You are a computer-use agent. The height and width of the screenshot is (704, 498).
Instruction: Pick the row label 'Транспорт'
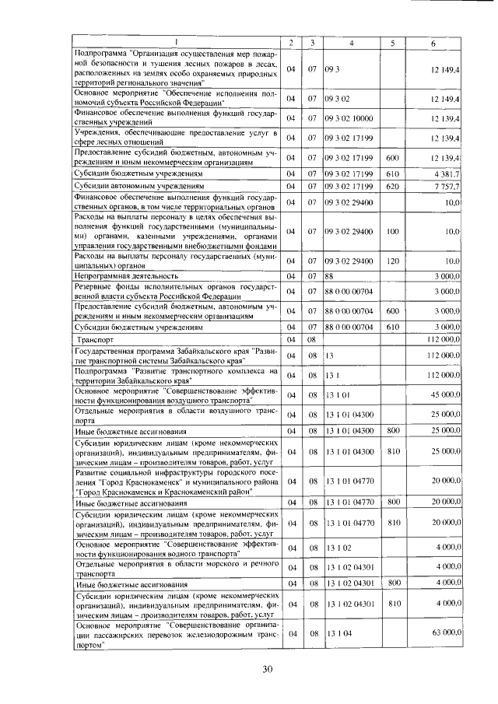96,341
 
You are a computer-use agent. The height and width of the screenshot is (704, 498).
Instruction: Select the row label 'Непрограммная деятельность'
124,276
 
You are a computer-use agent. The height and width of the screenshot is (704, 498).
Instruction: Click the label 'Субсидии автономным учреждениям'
138,187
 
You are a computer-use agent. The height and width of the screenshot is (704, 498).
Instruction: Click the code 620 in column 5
392,187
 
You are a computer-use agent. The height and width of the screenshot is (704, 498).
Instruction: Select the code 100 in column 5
392,232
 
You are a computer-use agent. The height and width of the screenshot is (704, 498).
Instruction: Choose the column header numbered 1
176,42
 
